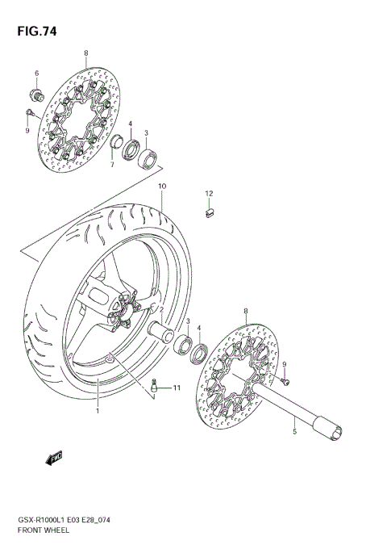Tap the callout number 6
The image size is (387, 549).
36,73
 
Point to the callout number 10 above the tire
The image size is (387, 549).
161,186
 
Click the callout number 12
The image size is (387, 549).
208,194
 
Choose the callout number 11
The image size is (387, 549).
177,388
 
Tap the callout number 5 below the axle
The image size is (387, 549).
294,432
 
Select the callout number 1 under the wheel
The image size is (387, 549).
98,411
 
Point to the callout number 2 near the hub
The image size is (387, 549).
161,310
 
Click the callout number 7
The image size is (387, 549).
113,165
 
